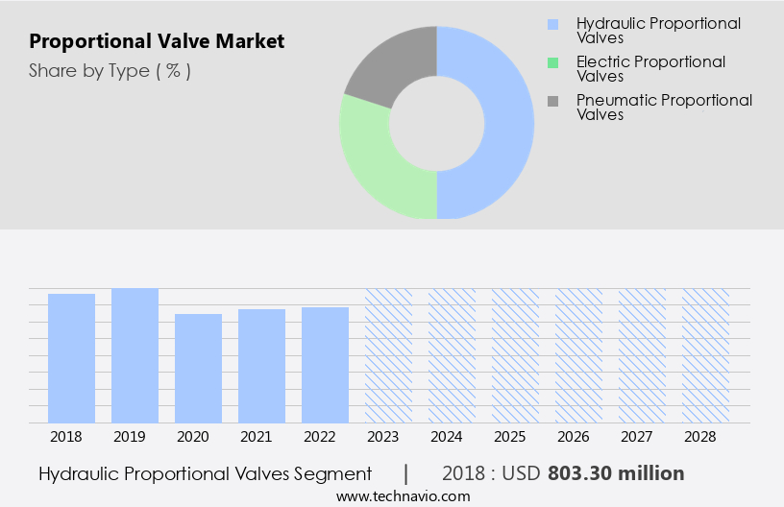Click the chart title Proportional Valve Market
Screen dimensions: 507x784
[157, 42]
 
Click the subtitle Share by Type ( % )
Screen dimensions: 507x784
[110, 71]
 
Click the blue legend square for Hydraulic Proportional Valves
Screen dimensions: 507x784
[552, 23]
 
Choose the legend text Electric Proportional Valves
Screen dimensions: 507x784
[649, 69]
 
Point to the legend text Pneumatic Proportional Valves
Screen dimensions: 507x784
[663, 108]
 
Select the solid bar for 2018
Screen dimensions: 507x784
[72, 358]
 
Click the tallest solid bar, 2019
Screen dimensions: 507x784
[135, 355]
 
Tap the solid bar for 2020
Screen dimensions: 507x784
[199, 369]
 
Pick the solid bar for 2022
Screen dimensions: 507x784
[325, 365]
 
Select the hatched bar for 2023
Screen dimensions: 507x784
[388, 355]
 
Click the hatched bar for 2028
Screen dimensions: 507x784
[705, 355]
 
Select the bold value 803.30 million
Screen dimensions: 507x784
[616, 473]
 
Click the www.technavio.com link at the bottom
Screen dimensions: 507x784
[404, 495]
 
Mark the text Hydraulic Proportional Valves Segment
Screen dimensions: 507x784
[205, 473]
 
